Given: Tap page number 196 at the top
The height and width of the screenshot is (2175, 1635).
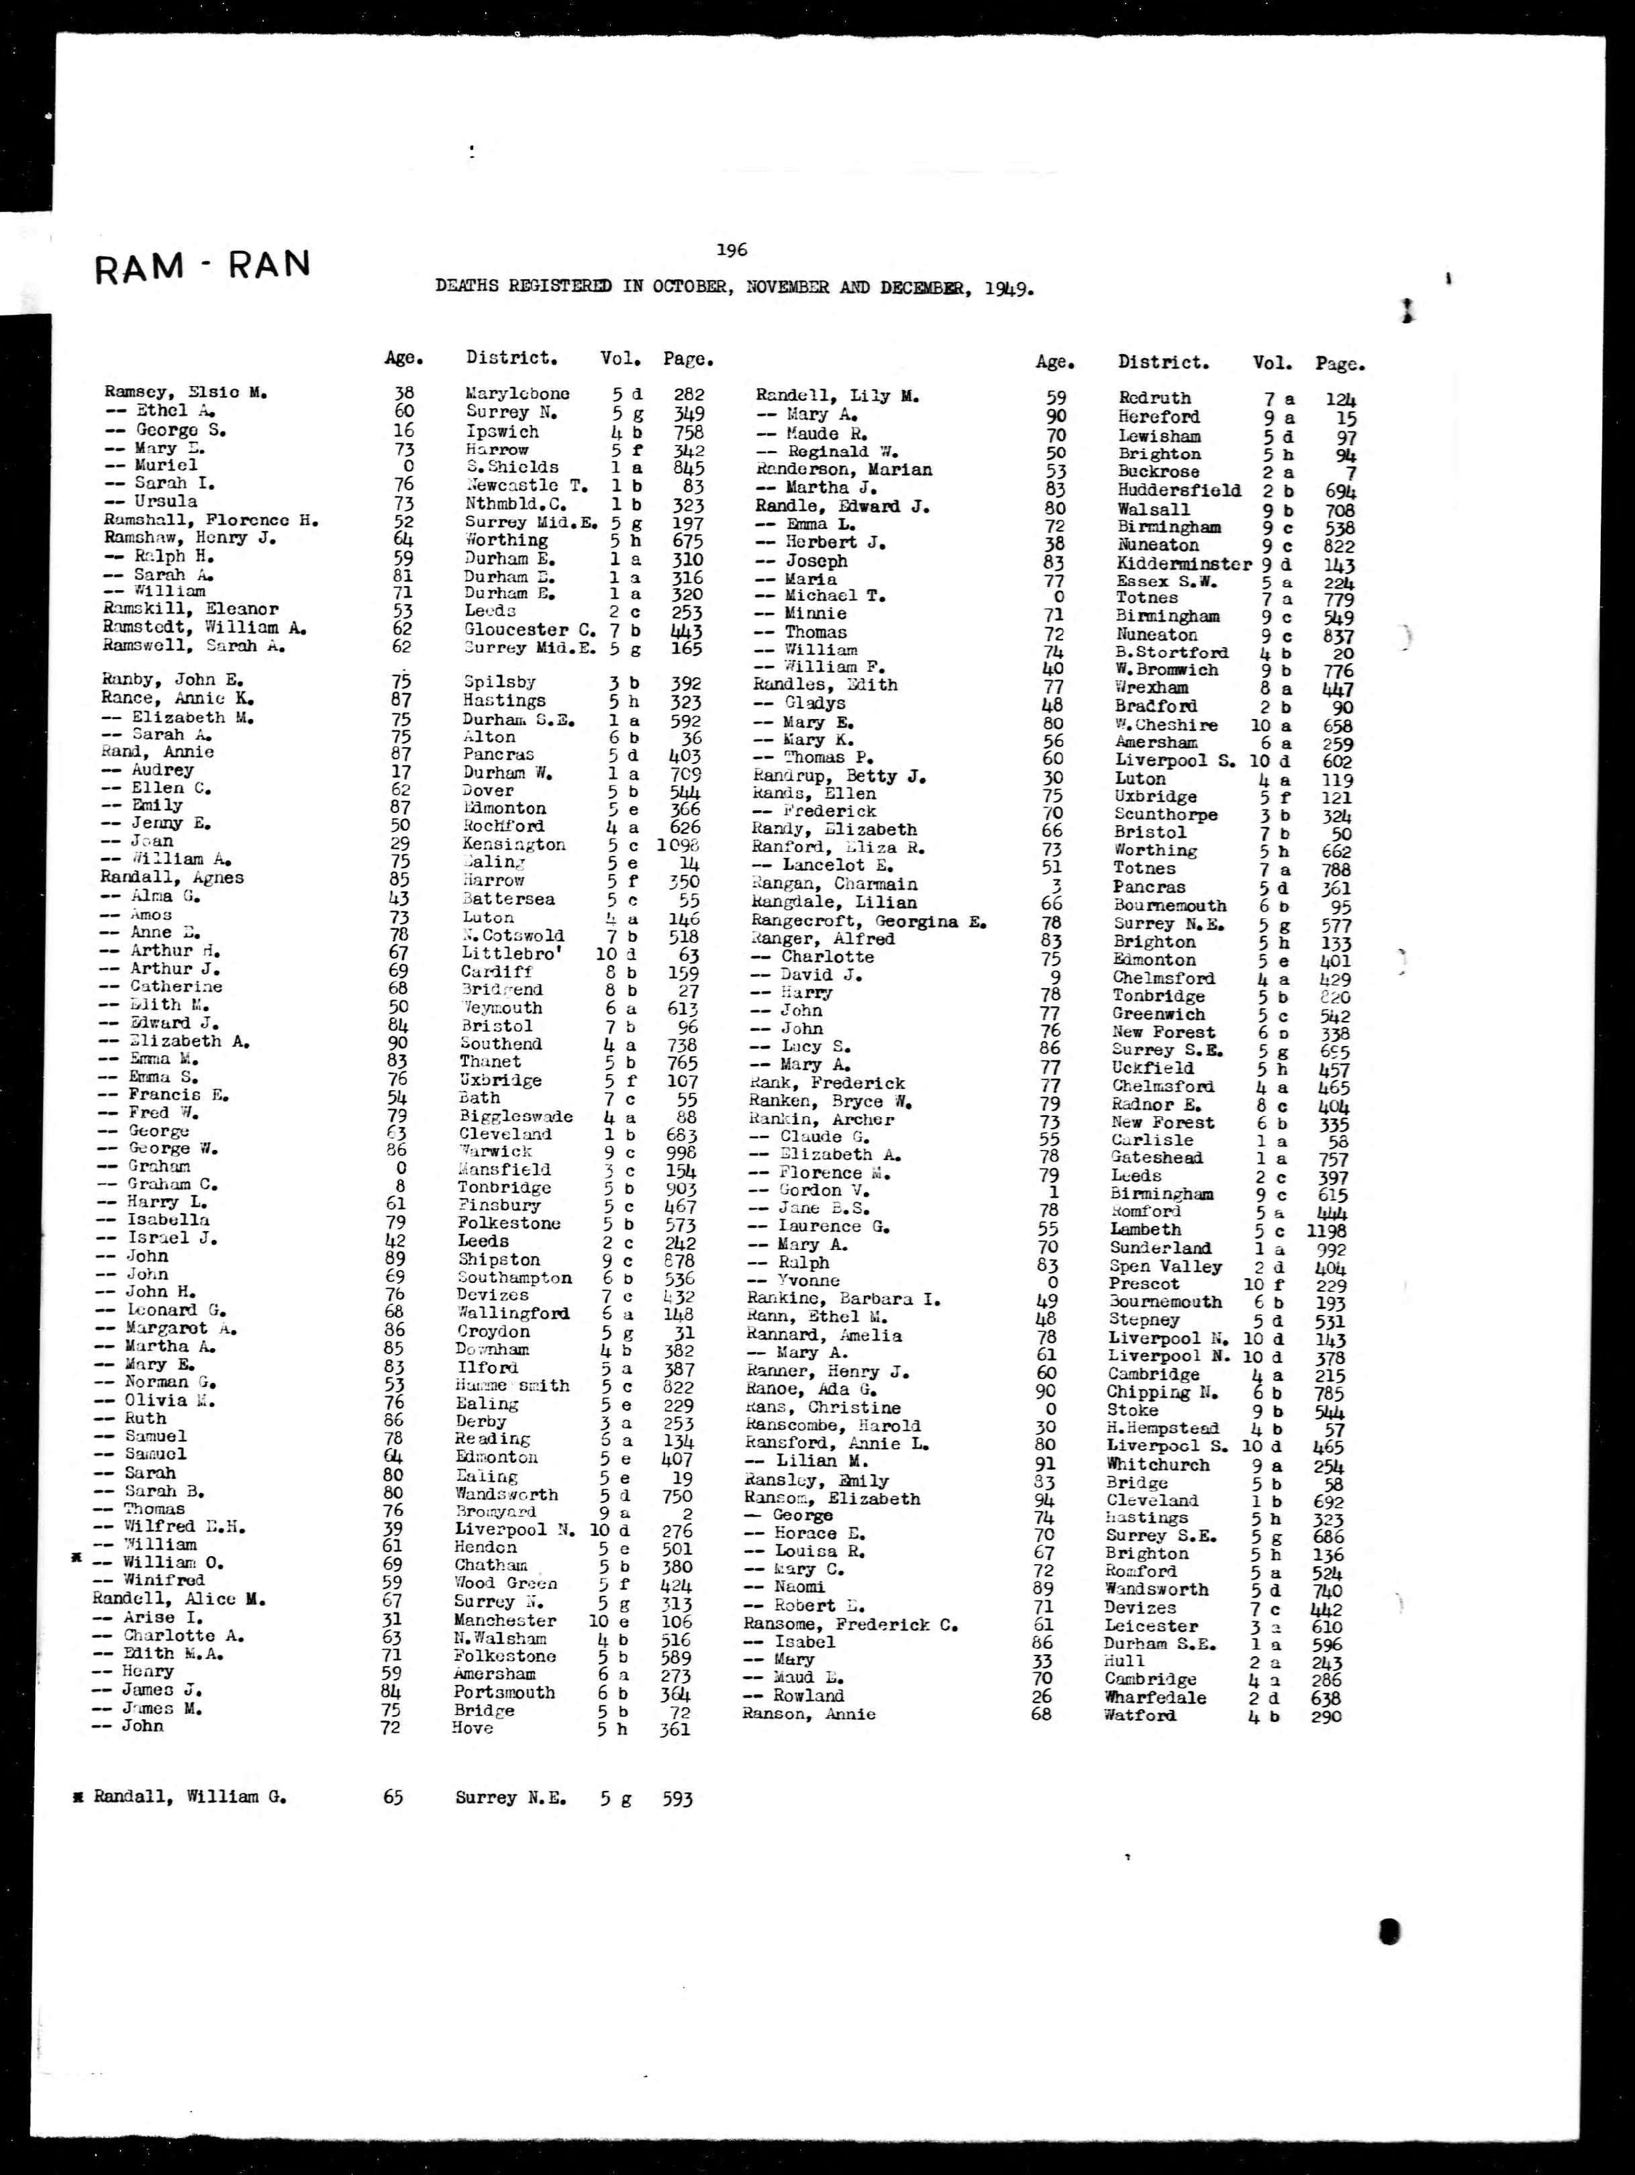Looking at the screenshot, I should pos(732,250).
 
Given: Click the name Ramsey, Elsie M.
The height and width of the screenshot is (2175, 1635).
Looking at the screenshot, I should pos(186,392).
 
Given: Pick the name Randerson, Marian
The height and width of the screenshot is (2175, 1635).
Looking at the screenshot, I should pos(844,470).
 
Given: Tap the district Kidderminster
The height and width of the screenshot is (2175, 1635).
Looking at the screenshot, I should pos(1184,565).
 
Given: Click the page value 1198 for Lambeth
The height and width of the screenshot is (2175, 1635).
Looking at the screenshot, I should pos(1326,1230).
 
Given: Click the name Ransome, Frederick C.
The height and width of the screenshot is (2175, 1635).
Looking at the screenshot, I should pos(850,1625).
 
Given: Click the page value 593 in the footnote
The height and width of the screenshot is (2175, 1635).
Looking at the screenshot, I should pos(677,1798).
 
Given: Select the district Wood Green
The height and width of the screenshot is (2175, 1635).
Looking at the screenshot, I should pos(505,1583).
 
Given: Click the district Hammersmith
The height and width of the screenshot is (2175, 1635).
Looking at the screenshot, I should pos(511,1386).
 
